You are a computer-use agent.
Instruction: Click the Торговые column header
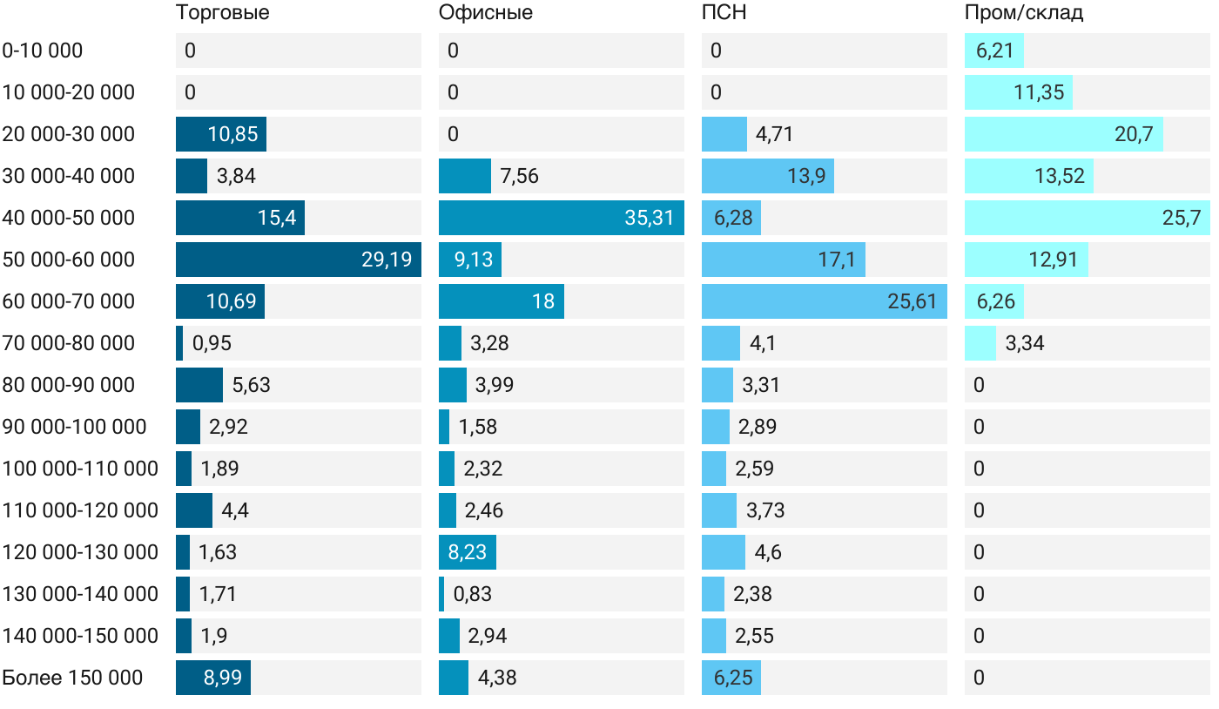222,12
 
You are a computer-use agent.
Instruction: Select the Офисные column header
486,12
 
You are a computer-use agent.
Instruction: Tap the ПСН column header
724,12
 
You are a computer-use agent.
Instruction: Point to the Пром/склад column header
1024,12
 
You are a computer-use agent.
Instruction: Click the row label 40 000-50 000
69,218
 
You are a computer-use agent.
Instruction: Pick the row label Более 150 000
72,678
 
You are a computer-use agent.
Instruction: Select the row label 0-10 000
43,51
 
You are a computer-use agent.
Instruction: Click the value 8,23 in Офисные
468,552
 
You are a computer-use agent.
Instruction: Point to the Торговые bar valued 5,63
199,385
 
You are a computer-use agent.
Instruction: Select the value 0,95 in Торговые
212,343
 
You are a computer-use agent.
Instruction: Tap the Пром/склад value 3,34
1025,343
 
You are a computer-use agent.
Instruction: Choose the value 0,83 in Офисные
473,594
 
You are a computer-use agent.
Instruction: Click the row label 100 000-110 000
80,469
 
